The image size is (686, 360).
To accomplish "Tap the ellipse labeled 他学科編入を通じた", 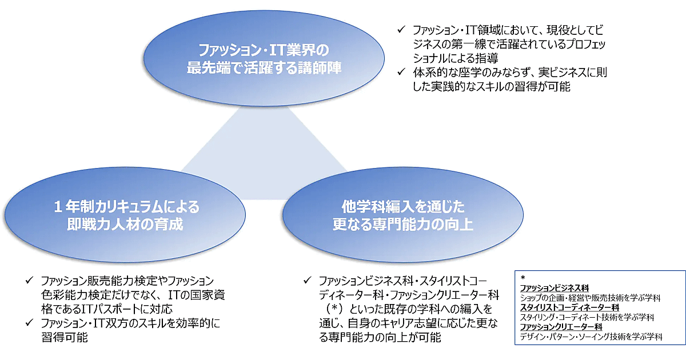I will tap(403, 215).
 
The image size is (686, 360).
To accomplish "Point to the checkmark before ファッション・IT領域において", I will tap(402, 29).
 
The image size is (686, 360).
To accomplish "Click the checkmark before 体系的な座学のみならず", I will tap(402, 73).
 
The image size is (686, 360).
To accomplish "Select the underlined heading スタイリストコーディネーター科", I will tap(568, 307).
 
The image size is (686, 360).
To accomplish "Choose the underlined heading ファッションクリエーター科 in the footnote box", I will tap(561, 326).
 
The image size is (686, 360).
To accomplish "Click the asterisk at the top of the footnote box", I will tap(523, 278).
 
